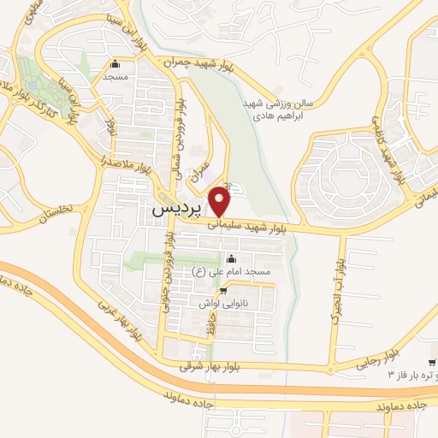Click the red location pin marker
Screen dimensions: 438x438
[x=222, y=201]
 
